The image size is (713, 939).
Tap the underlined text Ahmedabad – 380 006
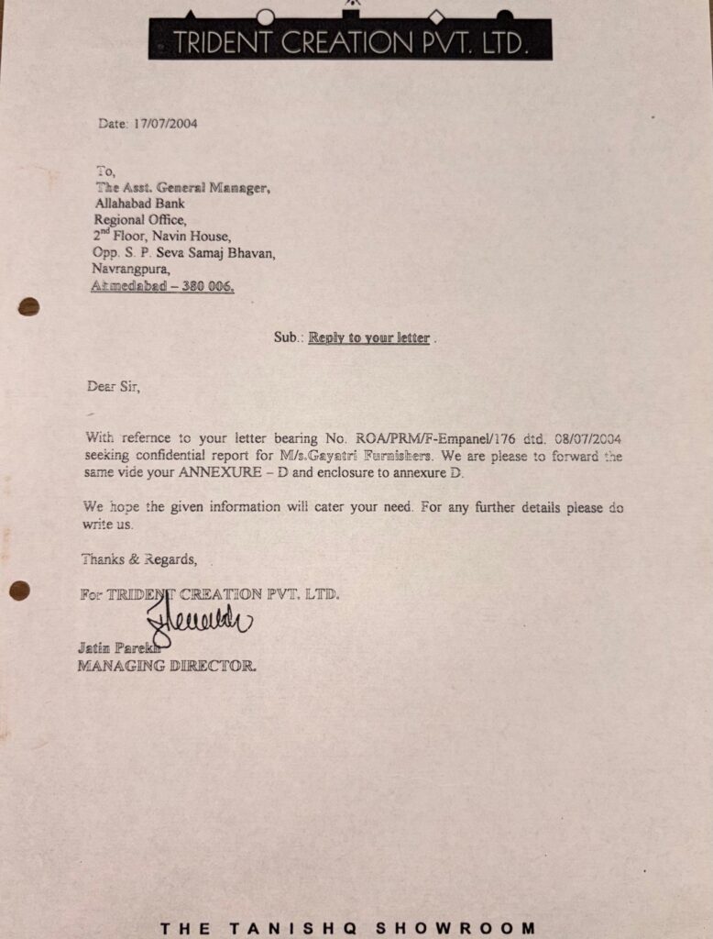pos(162,286)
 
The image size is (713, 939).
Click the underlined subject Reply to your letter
pos(368,337)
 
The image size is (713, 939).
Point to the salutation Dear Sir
pos(114,386)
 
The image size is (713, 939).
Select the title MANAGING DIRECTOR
pos(167,667)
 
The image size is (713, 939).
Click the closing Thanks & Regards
pos(138,558)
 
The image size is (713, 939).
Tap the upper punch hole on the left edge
pos(28,306)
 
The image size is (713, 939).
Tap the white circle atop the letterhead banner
pos(265,17)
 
